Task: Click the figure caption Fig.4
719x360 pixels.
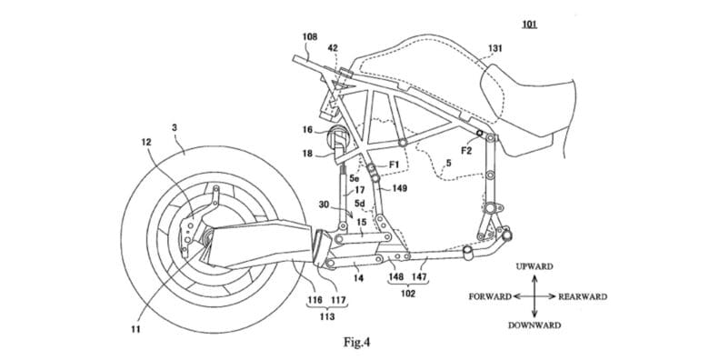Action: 356,342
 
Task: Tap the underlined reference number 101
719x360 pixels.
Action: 530,25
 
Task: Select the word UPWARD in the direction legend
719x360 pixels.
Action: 534,266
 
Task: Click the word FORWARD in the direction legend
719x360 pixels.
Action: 490,296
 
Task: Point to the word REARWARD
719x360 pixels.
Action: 583,296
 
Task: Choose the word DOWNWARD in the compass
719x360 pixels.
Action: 534,325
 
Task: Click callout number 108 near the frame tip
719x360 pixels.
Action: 310,37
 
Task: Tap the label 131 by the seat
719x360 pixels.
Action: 494,48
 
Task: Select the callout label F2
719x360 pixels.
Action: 466,150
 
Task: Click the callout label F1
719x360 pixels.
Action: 394,165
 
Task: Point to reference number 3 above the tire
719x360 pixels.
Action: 175,127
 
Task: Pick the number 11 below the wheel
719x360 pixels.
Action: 135,329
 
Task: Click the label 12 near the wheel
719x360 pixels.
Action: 146,142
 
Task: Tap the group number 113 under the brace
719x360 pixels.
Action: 327,316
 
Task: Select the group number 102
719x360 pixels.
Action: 408,294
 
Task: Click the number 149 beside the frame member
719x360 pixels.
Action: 399,187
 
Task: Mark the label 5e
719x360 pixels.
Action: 354,177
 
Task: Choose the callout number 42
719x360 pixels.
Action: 333,48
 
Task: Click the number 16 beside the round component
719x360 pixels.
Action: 307,130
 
